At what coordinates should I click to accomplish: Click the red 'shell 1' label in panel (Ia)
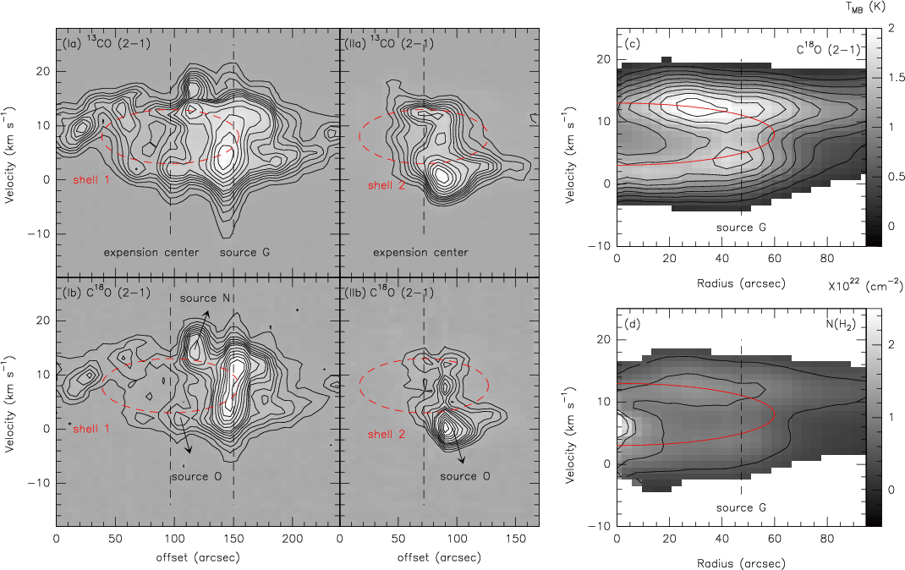91,180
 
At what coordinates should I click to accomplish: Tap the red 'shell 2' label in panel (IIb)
387,434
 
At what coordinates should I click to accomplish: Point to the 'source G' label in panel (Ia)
244,252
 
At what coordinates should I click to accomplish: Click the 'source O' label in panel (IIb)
465,476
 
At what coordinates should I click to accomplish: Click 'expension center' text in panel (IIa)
420,252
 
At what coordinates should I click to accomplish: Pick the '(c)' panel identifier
633,44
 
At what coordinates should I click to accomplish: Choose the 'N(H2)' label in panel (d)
841,324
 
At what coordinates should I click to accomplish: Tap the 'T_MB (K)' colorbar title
865,7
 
